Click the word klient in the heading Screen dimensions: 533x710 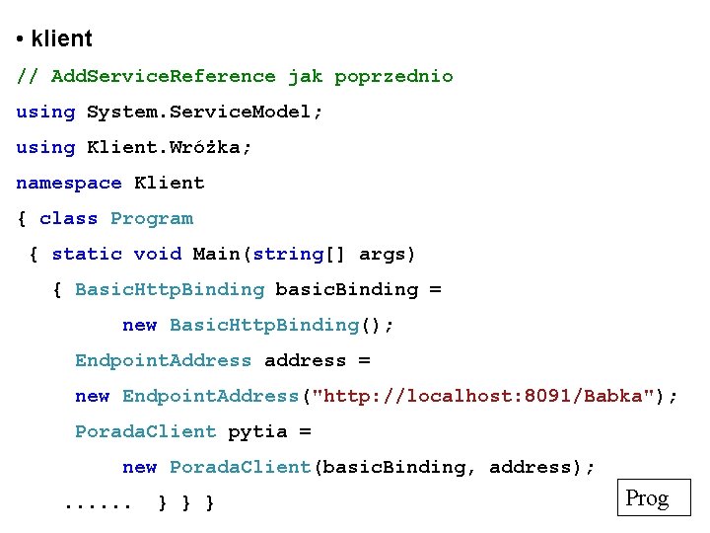click(61, 39)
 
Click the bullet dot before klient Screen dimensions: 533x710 click(20, 40)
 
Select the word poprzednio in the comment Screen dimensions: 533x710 click(393, 76)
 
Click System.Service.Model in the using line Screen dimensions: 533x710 click(199, 112)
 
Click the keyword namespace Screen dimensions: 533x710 click(68, 183)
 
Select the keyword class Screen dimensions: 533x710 click(68, 218)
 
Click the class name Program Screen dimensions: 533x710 click(152, 218)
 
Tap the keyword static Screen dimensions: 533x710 click(87, 254)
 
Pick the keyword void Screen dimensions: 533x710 click(158, 254)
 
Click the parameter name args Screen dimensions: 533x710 click(383, 254)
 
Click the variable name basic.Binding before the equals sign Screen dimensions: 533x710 click(347, 289)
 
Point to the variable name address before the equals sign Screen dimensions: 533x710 click(305, 360)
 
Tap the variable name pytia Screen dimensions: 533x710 click(257, 431)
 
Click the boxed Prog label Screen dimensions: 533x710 click(647, 498)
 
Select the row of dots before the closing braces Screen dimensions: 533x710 click(98, 503)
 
